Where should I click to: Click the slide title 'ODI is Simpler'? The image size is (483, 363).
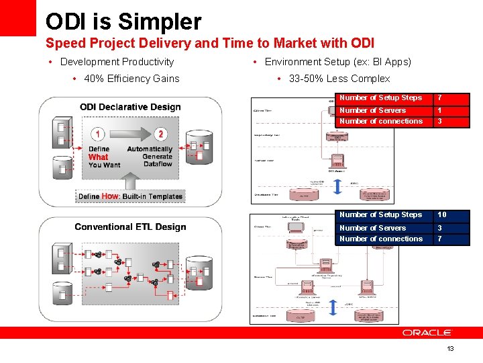[123, 22]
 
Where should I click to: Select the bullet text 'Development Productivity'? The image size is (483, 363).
[117, 62]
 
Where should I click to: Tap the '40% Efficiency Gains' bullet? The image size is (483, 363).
[131, 79]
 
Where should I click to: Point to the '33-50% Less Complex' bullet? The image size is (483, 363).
[339, 79]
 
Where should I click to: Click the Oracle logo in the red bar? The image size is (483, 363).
[427, 332]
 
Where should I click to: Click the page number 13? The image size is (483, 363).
[450, 348]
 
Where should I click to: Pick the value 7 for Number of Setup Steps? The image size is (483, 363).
[439, 98]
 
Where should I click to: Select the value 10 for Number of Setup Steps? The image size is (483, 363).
[442, 215]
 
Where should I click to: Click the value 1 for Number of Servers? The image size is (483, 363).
[439, 110]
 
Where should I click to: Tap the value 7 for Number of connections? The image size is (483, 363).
[439, 239]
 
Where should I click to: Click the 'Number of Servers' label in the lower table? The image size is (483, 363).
[372, 228]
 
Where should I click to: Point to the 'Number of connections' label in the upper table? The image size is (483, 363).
[380, 122]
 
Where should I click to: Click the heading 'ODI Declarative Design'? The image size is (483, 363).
[130, 107]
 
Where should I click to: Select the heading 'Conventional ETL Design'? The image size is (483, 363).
[130, 227]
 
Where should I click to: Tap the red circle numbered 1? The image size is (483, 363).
[98, 134]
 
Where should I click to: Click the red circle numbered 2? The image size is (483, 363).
[160, 134]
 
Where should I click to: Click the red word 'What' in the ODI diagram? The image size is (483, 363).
[98, 157]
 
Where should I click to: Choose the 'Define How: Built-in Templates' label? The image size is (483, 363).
[130, 196]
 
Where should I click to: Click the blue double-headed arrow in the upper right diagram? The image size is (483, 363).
[337, 184]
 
